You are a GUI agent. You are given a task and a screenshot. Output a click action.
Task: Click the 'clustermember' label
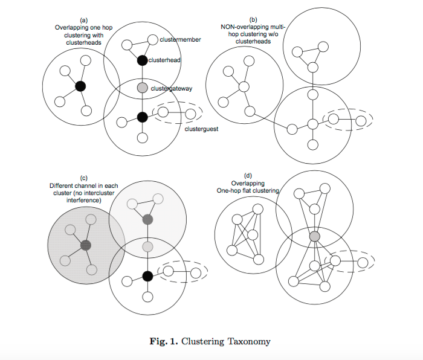pos(180,40)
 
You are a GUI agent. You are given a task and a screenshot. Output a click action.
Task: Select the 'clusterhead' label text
pos(164,60)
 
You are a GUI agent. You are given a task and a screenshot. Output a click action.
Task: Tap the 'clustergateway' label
pos(171,89)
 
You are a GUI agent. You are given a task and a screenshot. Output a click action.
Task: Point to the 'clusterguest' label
pos(201,129)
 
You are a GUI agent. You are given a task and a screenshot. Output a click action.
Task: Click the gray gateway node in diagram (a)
pos(143,88)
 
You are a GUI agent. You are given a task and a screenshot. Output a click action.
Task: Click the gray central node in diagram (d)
pos(315,237)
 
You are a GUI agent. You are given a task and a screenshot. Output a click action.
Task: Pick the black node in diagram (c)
pos(147,276)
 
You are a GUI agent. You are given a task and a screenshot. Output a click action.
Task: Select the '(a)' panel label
pos(83,21)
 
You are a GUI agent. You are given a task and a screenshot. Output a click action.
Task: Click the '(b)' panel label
pos(253,20)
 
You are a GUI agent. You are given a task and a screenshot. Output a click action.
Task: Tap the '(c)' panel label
pos(83,178)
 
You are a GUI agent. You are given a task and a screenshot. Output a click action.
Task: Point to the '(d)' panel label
pos(248,176)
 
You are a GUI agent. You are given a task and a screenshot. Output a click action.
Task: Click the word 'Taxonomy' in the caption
pos(249,342)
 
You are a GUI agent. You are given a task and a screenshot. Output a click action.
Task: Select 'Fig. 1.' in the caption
pos(164,341)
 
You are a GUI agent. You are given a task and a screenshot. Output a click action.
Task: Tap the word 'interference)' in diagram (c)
pos(83,201)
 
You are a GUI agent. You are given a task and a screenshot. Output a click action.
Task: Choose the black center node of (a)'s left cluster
pos(80,86)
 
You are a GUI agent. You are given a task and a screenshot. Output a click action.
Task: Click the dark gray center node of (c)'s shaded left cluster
pos(86,245)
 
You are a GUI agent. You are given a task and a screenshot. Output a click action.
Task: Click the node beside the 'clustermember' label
pos(153,40)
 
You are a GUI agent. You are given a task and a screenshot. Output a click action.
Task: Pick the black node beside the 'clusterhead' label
pos(142,60)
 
